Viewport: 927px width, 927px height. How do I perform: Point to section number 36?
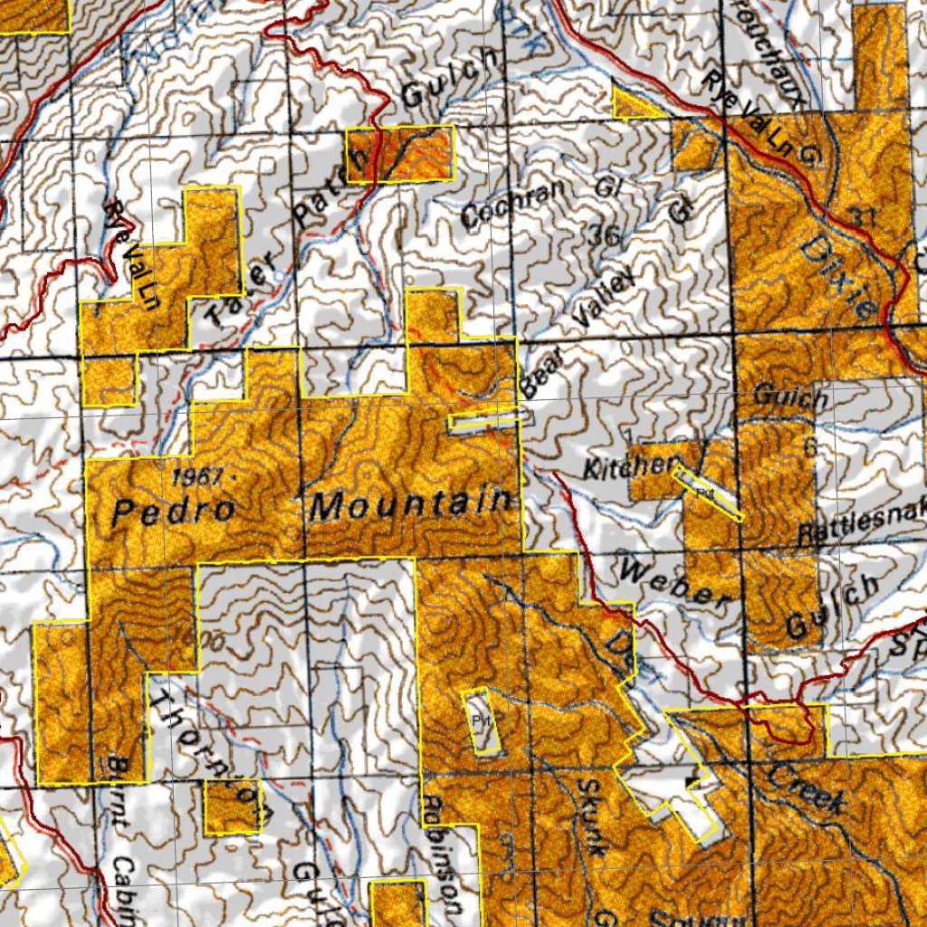[604, 237]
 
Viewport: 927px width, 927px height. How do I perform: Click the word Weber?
[675, 583]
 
